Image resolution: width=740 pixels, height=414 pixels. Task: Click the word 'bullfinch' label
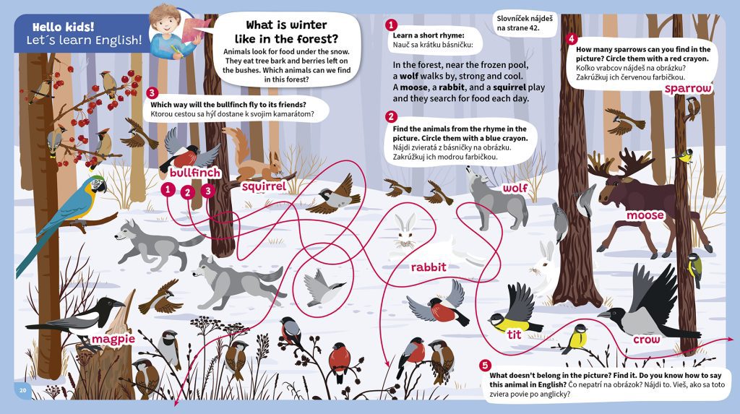coord(195,173)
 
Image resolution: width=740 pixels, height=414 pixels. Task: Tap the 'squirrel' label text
coord(264,186)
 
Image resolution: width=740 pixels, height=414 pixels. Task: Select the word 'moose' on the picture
coord(645,215)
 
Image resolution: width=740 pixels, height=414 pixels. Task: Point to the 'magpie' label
coord(113,339)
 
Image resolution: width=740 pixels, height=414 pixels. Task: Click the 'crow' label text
coord(647,340)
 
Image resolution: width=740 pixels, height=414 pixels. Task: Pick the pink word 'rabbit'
coord(429,267)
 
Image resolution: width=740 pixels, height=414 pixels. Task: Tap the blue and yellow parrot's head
coord(98,184)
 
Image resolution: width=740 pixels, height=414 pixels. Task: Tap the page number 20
coord(22,390)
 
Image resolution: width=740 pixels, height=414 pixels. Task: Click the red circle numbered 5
coord(485,365)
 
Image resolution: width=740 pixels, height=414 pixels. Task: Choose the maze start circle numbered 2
coord(188,191)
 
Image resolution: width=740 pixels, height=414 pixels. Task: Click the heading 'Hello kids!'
coord(64,27)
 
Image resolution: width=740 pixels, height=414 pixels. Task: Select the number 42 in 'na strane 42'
coord(534,28)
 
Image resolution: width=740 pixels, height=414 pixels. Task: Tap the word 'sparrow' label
coord(688,89)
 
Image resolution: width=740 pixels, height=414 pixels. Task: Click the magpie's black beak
coord(117,303)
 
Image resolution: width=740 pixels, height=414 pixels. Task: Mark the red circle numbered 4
coord(571,39)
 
